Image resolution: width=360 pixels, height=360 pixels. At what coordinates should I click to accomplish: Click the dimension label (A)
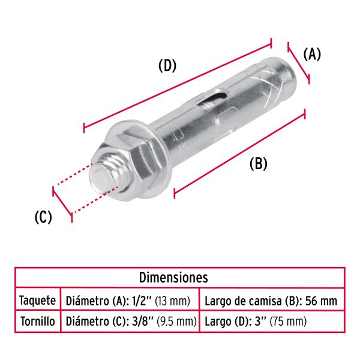click(x=312, y=55)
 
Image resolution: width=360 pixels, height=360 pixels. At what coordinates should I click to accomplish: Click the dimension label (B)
click(x=258, y=163)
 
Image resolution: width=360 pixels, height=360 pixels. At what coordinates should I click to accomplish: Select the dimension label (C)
click(x=43, y=217)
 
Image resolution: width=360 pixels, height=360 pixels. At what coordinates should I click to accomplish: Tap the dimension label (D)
click(x=167, y=65)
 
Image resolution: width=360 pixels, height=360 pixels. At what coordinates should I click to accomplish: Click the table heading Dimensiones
click(x=173, y=277)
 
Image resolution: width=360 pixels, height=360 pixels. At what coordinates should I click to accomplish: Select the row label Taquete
click(x=37, y=300)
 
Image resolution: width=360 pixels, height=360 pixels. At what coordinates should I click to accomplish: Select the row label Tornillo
click(x=37, y=322)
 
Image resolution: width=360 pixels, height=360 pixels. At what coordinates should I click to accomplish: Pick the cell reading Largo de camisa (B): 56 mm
click(x=271, y=300)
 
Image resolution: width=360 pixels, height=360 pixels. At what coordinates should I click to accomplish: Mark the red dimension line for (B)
click(x=240, y=152)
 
